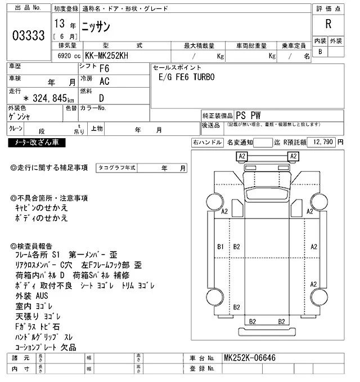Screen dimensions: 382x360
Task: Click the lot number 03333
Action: [28, 36]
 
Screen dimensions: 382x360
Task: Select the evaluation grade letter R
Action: [328, 24]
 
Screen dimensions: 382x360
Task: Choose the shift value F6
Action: [104, 69]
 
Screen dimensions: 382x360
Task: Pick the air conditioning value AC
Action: [104, 81]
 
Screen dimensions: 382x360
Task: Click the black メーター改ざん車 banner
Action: [37, 143]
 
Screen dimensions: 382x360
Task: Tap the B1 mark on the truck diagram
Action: [220, 247]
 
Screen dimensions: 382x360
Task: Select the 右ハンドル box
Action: [208, 142]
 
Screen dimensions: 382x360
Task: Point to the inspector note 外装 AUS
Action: [32, 296]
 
